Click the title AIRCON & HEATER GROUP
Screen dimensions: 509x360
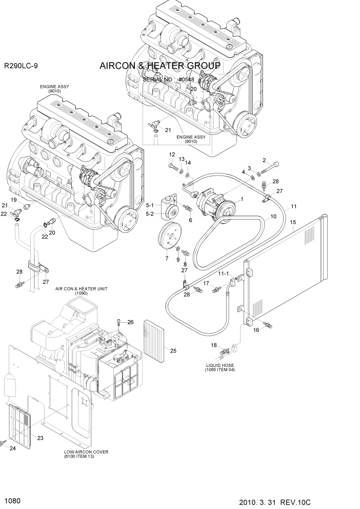click(x=159, y=66)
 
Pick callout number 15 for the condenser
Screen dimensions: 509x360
click(x=293, y=222)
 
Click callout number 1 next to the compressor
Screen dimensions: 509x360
click(x=242, y=199)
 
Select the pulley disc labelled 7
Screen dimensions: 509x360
click(x=168, y=238)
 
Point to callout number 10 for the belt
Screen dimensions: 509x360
click(x=273, y=216)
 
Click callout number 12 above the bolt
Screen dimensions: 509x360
click(x=172, y=154)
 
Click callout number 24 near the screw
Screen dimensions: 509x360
click(x=13, y=448)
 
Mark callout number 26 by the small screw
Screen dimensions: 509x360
click(x=130, y=322)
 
